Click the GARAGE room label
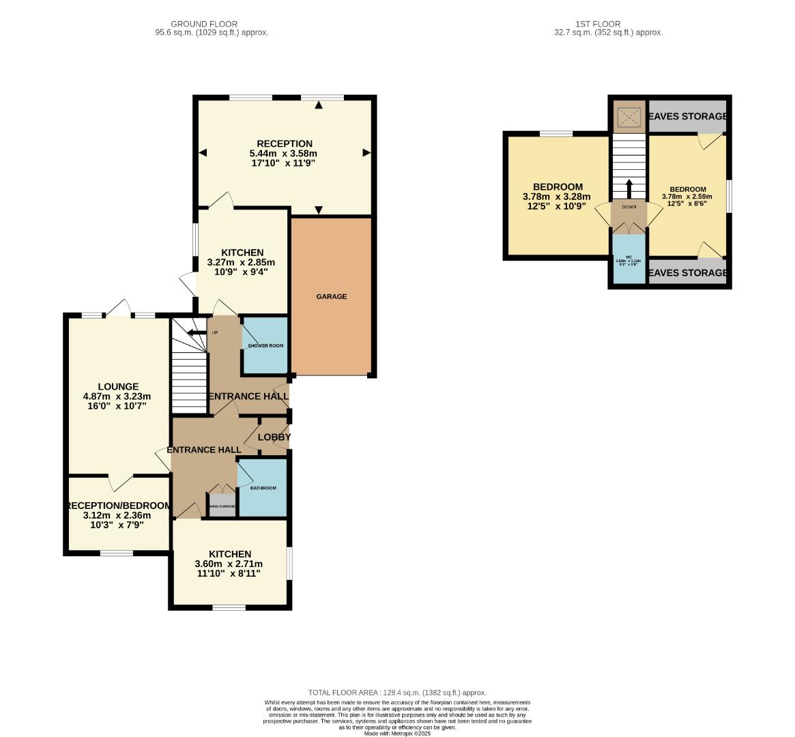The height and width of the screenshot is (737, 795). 331,297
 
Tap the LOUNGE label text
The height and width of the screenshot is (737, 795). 117,387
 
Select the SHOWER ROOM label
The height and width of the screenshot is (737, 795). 265,346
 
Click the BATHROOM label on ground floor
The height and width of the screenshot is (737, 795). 263,489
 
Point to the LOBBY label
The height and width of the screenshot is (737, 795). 274,437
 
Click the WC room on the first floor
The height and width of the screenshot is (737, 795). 628,259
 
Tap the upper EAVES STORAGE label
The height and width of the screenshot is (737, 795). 686,117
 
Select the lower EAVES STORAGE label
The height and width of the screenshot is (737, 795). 686,273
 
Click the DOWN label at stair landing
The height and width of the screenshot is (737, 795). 628,207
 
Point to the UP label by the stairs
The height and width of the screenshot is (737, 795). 215,333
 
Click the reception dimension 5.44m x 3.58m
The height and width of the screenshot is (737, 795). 285,154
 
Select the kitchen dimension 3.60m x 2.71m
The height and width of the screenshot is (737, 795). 229,564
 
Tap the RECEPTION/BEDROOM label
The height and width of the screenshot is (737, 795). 117,506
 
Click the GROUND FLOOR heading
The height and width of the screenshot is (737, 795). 204,24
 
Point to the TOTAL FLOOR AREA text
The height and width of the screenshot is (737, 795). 397,693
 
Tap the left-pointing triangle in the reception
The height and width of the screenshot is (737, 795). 203,153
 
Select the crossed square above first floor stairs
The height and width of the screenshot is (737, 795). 628,118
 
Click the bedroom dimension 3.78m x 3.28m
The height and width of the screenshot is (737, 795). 558,197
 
